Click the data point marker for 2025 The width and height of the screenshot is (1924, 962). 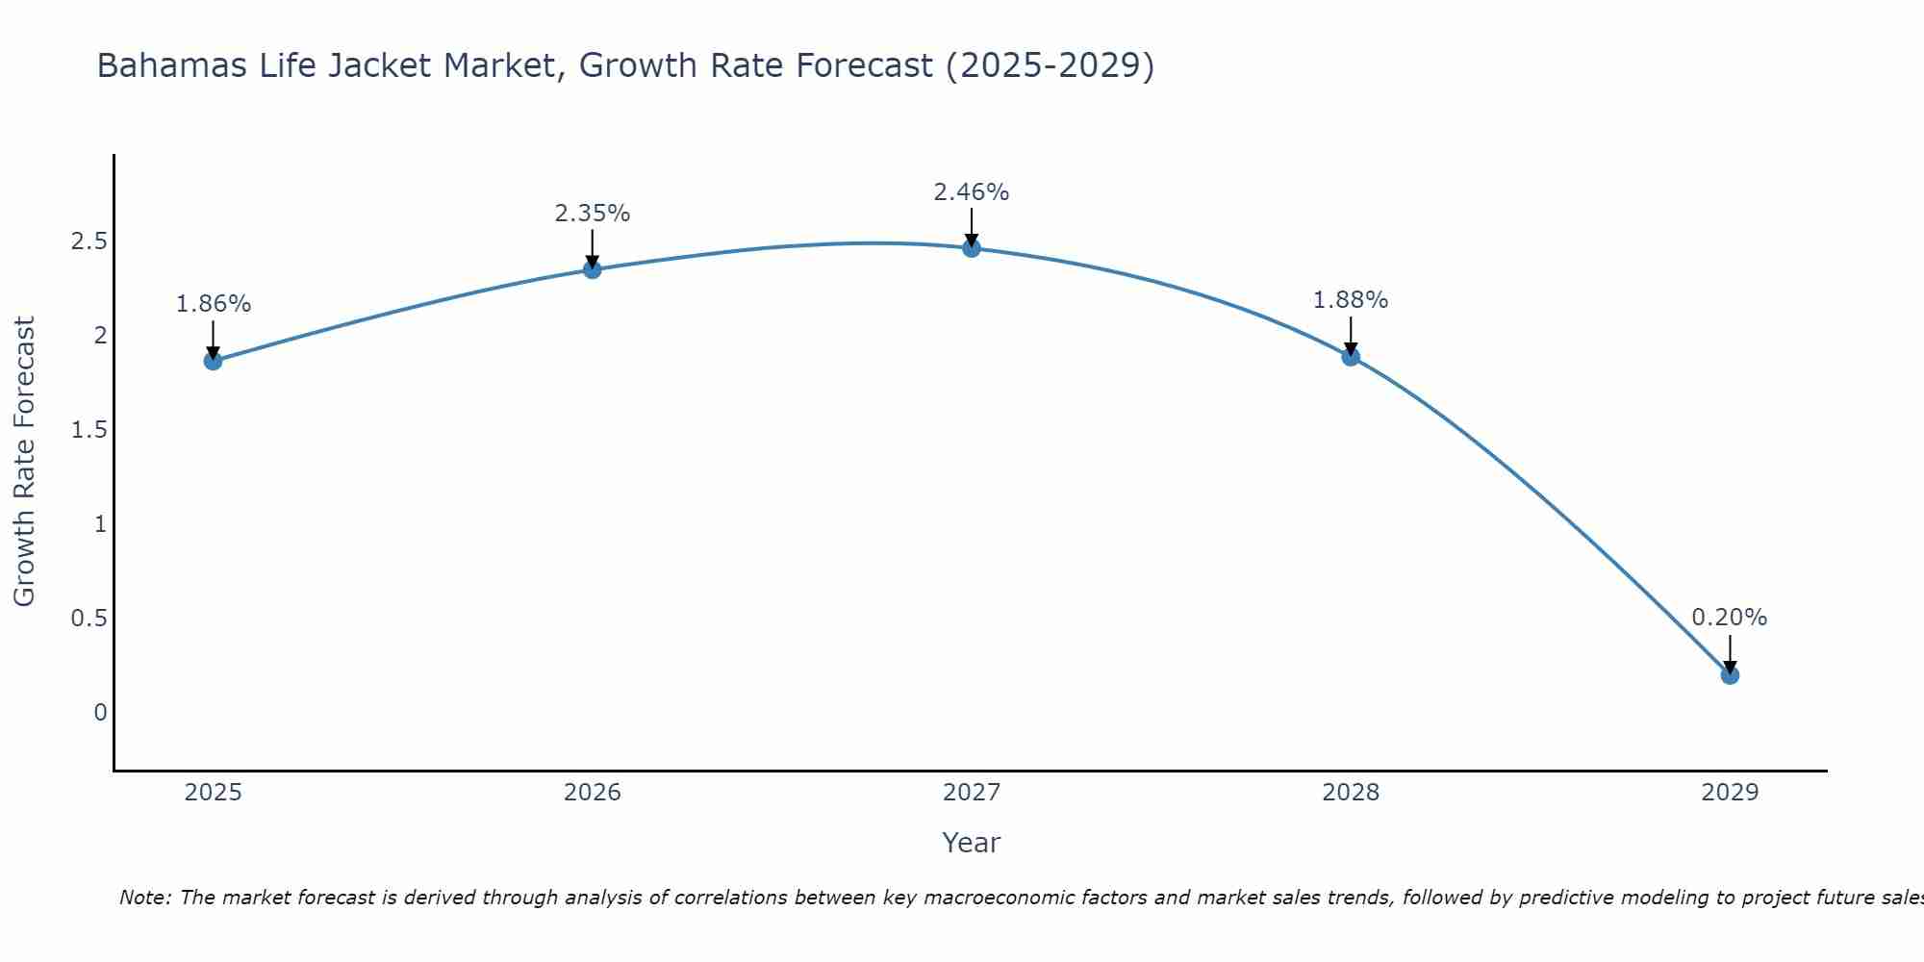point(213,361)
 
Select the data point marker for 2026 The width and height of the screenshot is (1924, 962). point(592,269)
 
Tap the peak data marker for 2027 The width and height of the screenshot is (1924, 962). point(972,248)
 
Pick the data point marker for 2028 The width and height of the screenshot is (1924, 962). point(1351,357)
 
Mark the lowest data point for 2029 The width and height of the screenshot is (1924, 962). point(1730,675)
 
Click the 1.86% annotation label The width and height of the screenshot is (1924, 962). point(213,304)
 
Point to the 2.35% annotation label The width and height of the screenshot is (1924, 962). point(592,214)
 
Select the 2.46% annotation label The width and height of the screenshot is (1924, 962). point(972,192)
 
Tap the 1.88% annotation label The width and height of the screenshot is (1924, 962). point(1351,300)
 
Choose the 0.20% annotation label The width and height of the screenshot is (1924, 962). point(1730,618)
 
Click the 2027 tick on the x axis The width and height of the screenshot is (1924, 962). point(972,793)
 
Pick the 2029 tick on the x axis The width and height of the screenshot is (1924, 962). point(1730,793)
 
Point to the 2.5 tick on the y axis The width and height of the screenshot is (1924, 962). point(89,241)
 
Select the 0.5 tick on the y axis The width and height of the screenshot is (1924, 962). point(89,619)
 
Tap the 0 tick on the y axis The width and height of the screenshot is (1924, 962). point(100,713)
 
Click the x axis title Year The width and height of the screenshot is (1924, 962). point(972,843)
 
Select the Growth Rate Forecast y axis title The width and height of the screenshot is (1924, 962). point(24,462)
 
